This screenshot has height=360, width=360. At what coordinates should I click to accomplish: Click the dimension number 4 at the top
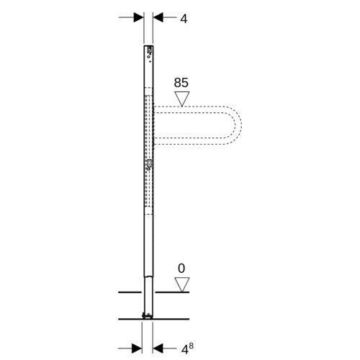[x=184, y=19]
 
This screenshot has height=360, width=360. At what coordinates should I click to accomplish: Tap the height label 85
[x=181, y=83]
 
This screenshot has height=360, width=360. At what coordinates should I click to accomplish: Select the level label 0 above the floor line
[x=181, y=269]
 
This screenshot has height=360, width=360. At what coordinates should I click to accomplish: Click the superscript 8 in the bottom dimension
[x=191, y=346]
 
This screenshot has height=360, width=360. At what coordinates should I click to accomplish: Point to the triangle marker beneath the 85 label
[x=182, y=99]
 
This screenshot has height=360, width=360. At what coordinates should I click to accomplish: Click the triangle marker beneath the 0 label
[x=182, y=284]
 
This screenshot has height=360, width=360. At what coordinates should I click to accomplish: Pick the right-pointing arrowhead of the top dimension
[x=139, y=17]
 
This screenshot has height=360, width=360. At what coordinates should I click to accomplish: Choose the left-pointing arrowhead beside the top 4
[x=158, y=17]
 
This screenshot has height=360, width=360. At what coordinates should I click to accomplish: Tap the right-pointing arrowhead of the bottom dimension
[x=137, y=348]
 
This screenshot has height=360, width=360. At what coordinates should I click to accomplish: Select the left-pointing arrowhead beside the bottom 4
[x=158, y=348]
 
